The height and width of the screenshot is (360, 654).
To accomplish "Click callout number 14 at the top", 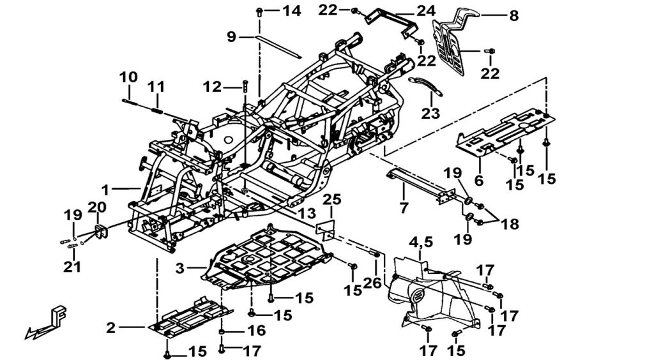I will (290, 11).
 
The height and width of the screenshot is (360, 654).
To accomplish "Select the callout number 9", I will (231, 37).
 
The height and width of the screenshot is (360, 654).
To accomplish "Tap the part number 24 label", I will (426, 11).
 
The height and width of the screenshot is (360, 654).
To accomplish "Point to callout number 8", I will (513, 16).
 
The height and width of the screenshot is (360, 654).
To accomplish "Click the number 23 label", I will (430, 113).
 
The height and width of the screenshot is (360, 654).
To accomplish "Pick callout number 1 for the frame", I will (105, 190).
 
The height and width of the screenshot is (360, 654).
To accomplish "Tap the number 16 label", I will (257, 331).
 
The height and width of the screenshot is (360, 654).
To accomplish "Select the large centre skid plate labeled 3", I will (268, 255).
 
